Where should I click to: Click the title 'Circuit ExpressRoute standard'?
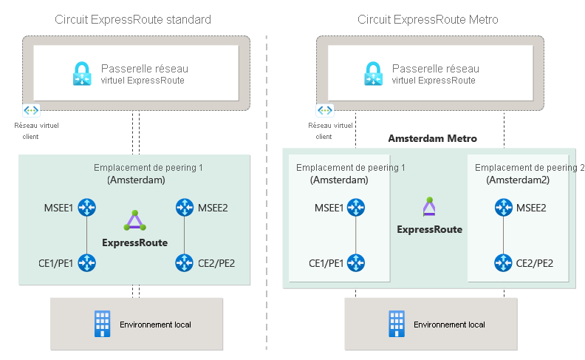pyautogui.click(x=133, y=19)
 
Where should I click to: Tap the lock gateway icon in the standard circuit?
pyautogui.click(x=82, y=74)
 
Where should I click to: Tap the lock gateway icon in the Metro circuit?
pyautogui.click(x=374, y=74)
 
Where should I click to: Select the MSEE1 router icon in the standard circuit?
pyautogui.click(x=88, y=208)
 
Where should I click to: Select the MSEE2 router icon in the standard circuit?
pyautogui.click(x=184, y=208)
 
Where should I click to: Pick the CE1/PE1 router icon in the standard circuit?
pyautogui.click(x=88, y=262)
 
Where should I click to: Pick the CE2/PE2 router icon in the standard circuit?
pyautogui.click(x=184, y=262)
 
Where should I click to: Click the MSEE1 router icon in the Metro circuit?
pyautogui.click(x=356, y=208)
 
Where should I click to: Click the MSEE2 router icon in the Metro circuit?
pyautogui.click(x=504, y=208)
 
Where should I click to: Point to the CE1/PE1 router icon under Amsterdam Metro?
pyautogui.click(x=356, y=262)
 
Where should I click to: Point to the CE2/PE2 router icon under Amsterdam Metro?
pyautogui.click(x=504, y=262)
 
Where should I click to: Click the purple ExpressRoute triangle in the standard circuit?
pyautogui.click(x=134, y=220)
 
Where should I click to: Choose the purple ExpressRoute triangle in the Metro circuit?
pyautogui.click(x=429, y=207)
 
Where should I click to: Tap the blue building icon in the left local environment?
pyautogui.click(x=102, y=324)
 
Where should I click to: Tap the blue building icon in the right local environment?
pyautogui.click(x=397, y=324)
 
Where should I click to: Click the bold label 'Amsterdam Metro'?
pyautogui.click(x=433, y=138)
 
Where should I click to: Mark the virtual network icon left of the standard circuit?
pyautogui.click(x=31, y=110)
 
